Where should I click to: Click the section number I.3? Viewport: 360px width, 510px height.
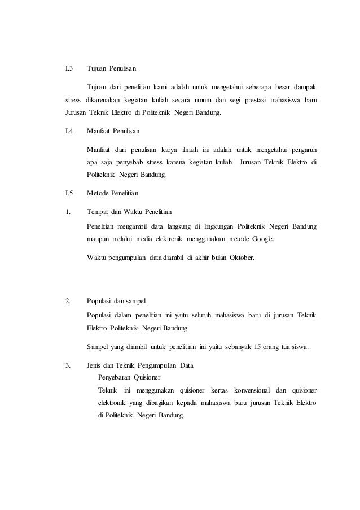(x=69, y=69)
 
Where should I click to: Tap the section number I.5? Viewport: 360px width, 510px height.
(x=69, y=193)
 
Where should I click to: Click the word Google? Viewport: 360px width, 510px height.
(x=261, y=239)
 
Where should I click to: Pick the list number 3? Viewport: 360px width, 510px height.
(x=68, y=365)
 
